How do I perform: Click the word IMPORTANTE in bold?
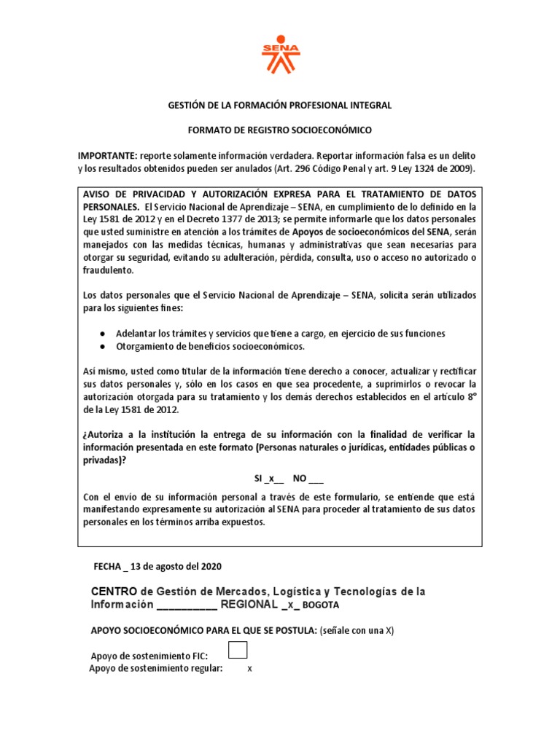[x=106, y=157]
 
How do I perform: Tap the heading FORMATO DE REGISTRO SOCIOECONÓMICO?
[x=279, y=130]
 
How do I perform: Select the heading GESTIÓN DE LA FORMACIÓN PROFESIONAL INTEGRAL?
[x=279, y=106]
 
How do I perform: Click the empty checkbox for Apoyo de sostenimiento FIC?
[x=238, y=650]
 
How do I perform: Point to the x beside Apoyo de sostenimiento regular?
[x=249, y=669]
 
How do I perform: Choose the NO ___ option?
[x=308, y=479]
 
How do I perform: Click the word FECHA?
[x=109, y=566]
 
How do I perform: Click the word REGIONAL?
[x=249, y=605]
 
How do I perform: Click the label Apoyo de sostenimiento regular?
[x=156, y=669]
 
